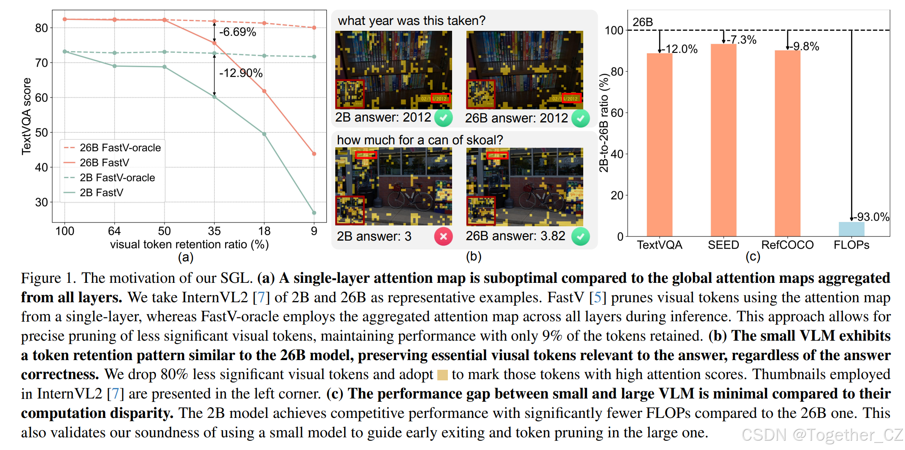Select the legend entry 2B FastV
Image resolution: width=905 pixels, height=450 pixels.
[101, 193]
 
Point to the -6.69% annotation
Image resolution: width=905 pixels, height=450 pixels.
[238, 32]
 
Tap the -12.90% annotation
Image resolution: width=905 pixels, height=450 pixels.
[241, 73]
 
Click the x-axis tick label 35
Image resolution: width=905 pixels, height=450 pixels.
[214, 231]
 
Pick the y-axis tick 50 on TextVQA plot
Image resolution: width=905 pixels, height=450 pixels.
[41, 133]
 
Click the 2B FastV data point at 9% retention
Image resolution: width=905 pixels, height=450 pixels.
[314, 213]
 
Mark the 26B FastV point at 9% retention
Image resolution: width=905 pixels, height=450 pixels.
[314, 154]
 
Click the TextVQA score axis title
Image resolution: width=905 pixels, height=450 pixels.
[27, 116]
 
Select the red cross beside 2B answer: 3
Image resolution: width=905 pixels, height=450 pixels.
[443, 236]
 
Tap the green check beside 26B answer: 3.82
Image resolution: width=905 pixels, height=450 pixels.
[580, 236]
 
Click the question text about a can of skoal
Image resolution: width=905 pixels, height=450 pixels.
[420, 140]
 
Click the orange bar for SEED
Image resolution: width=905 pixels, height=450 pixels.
[723, 139]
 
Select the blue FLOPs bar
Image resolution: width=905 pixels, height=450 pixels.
[851, 229]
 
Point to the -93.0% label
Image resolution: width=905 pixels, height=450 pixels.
[872, 217]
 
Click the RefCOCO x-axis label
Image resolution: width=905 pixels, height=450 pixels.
[787, 245]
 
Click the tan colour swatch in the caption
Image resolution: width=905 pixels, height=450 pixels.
[442, 375]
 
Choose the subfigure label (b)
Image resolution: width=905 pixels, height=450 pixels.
[473, 257]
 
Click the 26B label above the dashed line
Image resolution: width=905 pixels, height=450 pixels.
[642, 22]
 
